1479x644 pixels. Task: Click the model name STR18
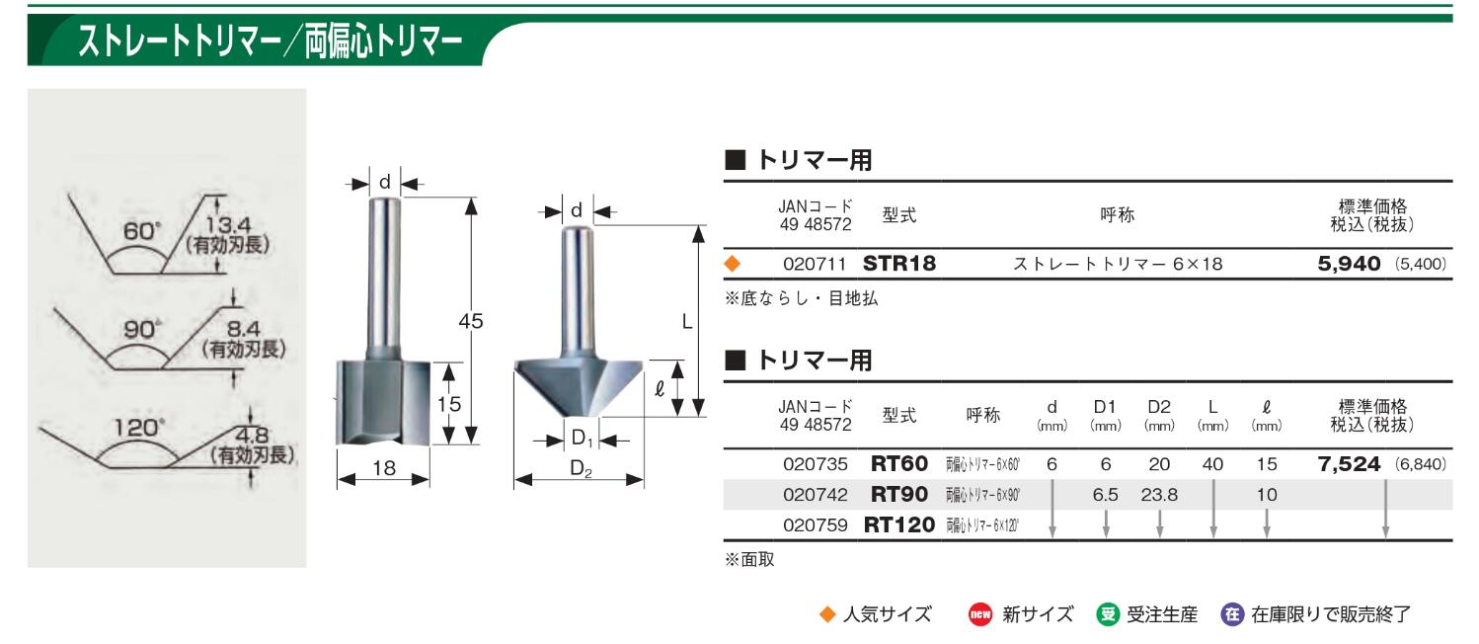(899, 264)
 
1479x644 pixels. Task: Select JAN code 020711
(815, 264)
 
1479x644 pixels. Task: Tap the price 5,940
(1349, 264)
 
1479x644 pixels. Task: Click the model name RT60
(899, 463)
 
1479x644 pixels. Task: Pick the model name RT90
(899, 494)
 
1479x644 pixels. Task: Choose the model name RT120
(899, 525)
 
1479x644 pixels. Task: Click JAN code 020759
(815, 525)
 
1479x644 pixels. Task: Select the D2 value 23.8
(1159, 495)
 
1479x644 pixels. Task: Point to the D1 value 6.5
(1105, 495)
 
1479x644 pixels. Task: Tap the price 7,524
(1349, 463)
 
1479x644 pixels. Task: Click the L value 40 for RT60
(1212, 464)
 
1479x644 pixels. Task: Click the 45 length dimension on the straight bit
(471, 321)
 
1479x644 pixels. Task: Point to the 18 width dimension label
(384, 468)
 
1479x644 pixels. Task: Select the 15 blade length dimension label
(449, 404)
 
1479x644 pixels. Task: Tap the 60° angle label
(142, 231)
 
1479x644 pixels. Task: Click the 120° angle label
(138, 428)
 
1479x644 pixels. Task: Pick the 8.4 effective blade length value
(244, 328)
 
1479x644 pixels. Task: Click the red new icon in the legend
(979, 614)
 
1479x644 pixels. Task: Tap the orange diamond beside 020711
(732, 264)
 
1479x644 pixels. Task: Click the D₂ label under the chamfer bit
(581, 469)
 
